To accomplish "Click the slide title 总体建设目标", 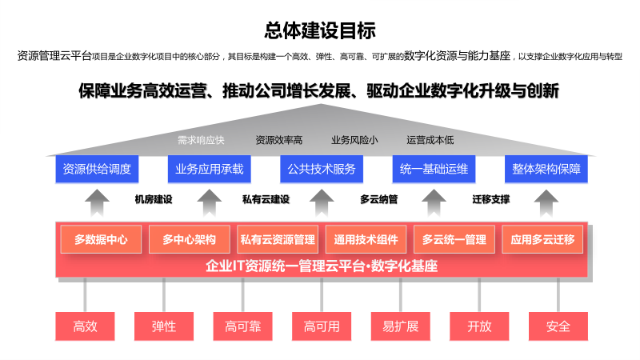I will tap(320, 31).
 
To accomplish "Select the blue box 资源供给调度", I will tap(96, 169).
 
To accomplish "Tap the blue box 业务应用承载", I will tap(209, 169).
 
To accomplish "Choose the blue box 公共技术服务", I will tap(322, 169).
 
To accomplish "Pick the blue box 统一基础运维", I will tap(434, 169).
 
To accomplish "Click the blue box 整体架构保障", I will tap(546, 169).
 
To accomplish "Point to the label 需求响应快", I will tap(201, 140).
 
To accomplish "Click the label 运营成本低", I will tap(430, 140).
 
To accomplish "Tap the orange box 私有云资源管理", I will tap(278, 239).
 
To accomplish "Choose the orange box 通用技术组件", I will tap(366, 239).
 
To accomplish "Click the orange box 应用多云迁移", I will tap(542, 239).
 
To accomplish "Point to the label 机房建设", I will tap(154, 199).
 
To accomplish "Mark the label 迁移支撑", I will tap(490, 199).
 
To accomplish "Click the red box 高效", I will tap(85, 326).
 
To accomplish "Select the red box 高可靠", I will tap(242, 326).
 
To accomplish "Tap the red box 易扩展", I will tap(401, 326).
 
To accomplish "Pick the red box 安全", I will tap(558, 326).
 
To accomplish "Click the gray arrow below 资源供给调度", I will tap(96, 202).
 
